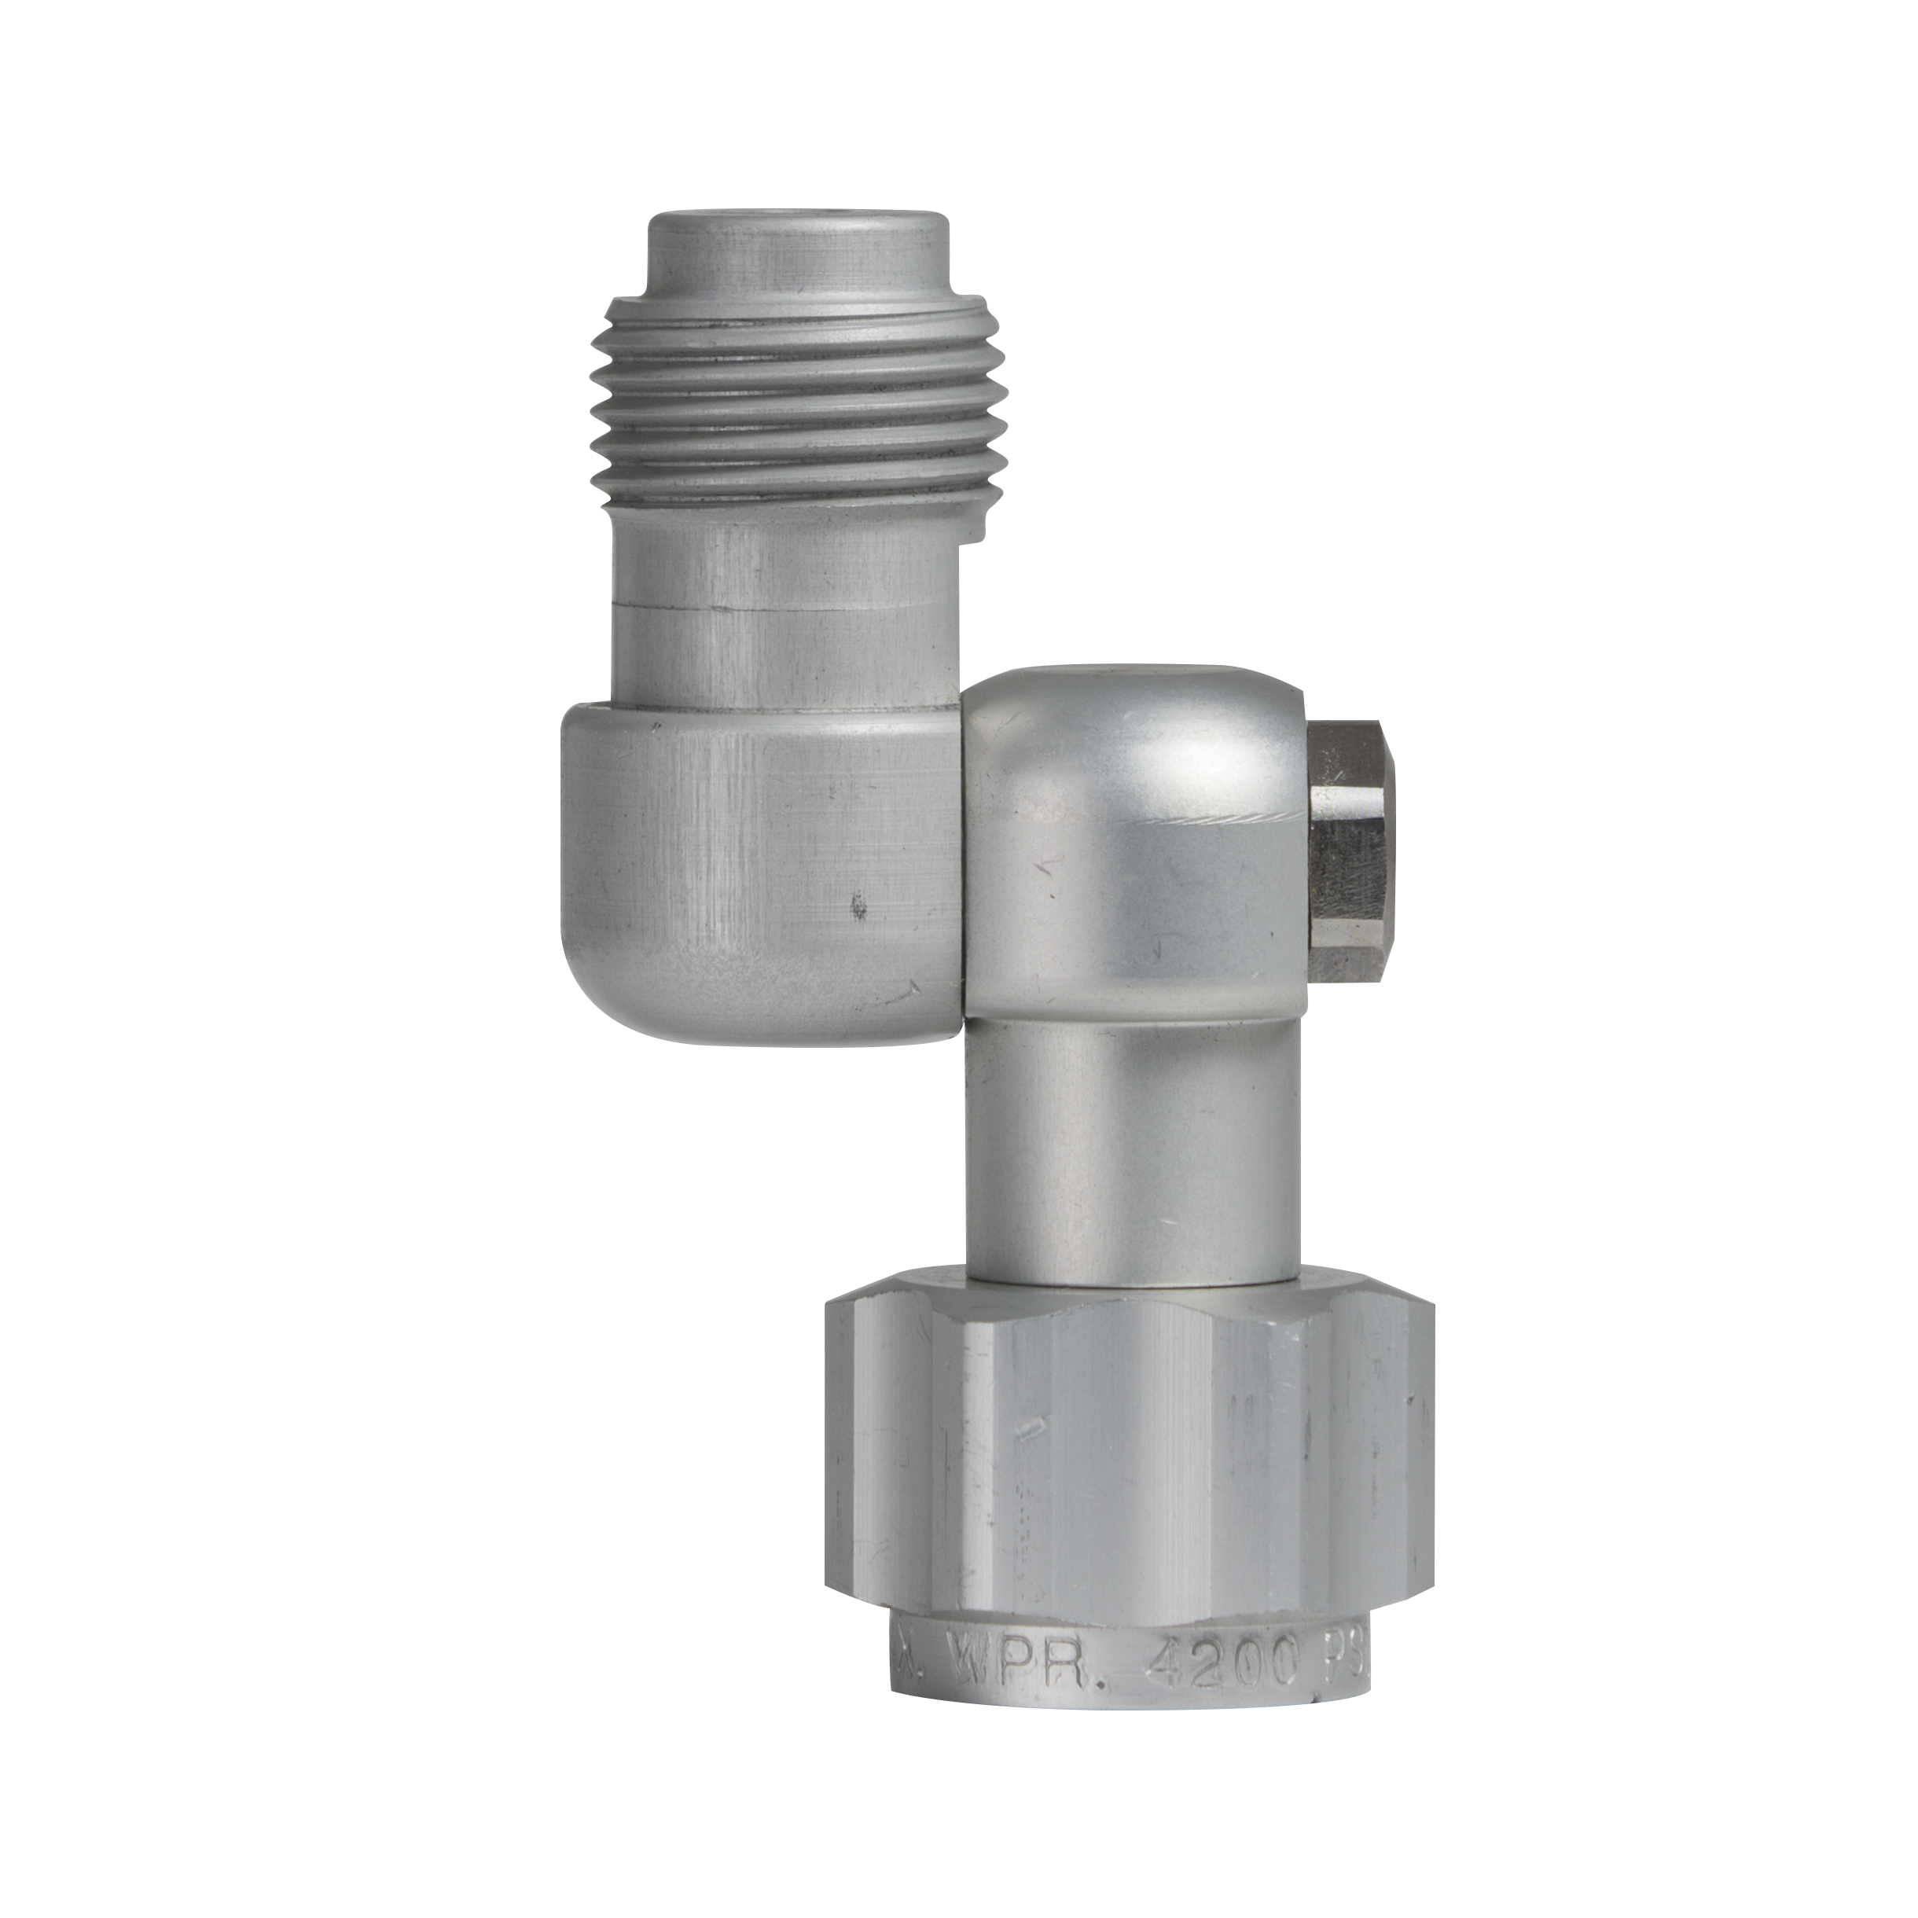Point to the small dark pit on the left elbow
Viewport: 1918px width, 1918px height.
pyautogui.click(x=858, y=906)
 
